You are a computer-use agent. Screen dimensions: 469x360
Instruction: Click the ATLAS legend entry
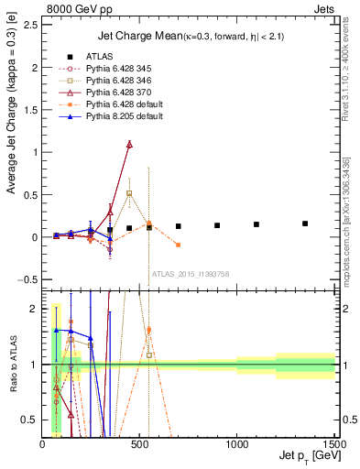tap(100, 55)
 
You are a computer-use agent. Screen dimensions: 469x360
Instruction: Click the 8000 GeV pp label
tap(69, 7)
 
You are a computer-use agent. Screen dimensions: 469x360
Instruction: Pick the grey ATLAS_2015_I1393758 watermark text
tap(190, 273)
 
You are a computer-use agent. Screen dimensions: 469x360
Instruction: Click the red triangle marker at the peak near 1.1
tap(129, 144)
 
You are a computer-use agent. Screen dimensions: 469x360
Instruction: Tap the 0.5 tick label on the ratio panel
tap(33, 420)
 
